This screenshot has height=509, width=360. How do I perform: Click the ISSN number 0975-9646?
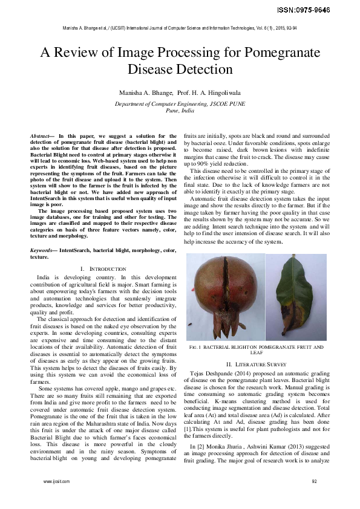tap(330, 10)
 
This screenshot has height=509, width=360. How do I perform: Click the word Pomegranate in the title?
tap(269, 53)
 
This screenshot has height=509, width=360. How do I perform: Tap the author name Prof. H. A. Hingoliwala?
tap(205, 93)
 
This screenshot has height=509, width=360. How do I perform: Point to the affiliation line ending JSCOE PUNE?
tap(180, 103)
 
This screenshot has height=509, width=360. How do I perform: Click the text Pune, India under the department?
tap(180, 111)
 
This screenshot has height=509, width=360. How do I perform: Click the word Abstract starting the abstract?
tap(42, 137)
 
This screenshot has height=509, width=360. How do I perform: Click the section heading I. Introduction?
tap(103, 285)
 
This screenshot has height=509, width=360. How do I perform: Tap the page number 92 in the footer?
tap(314, 481)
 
